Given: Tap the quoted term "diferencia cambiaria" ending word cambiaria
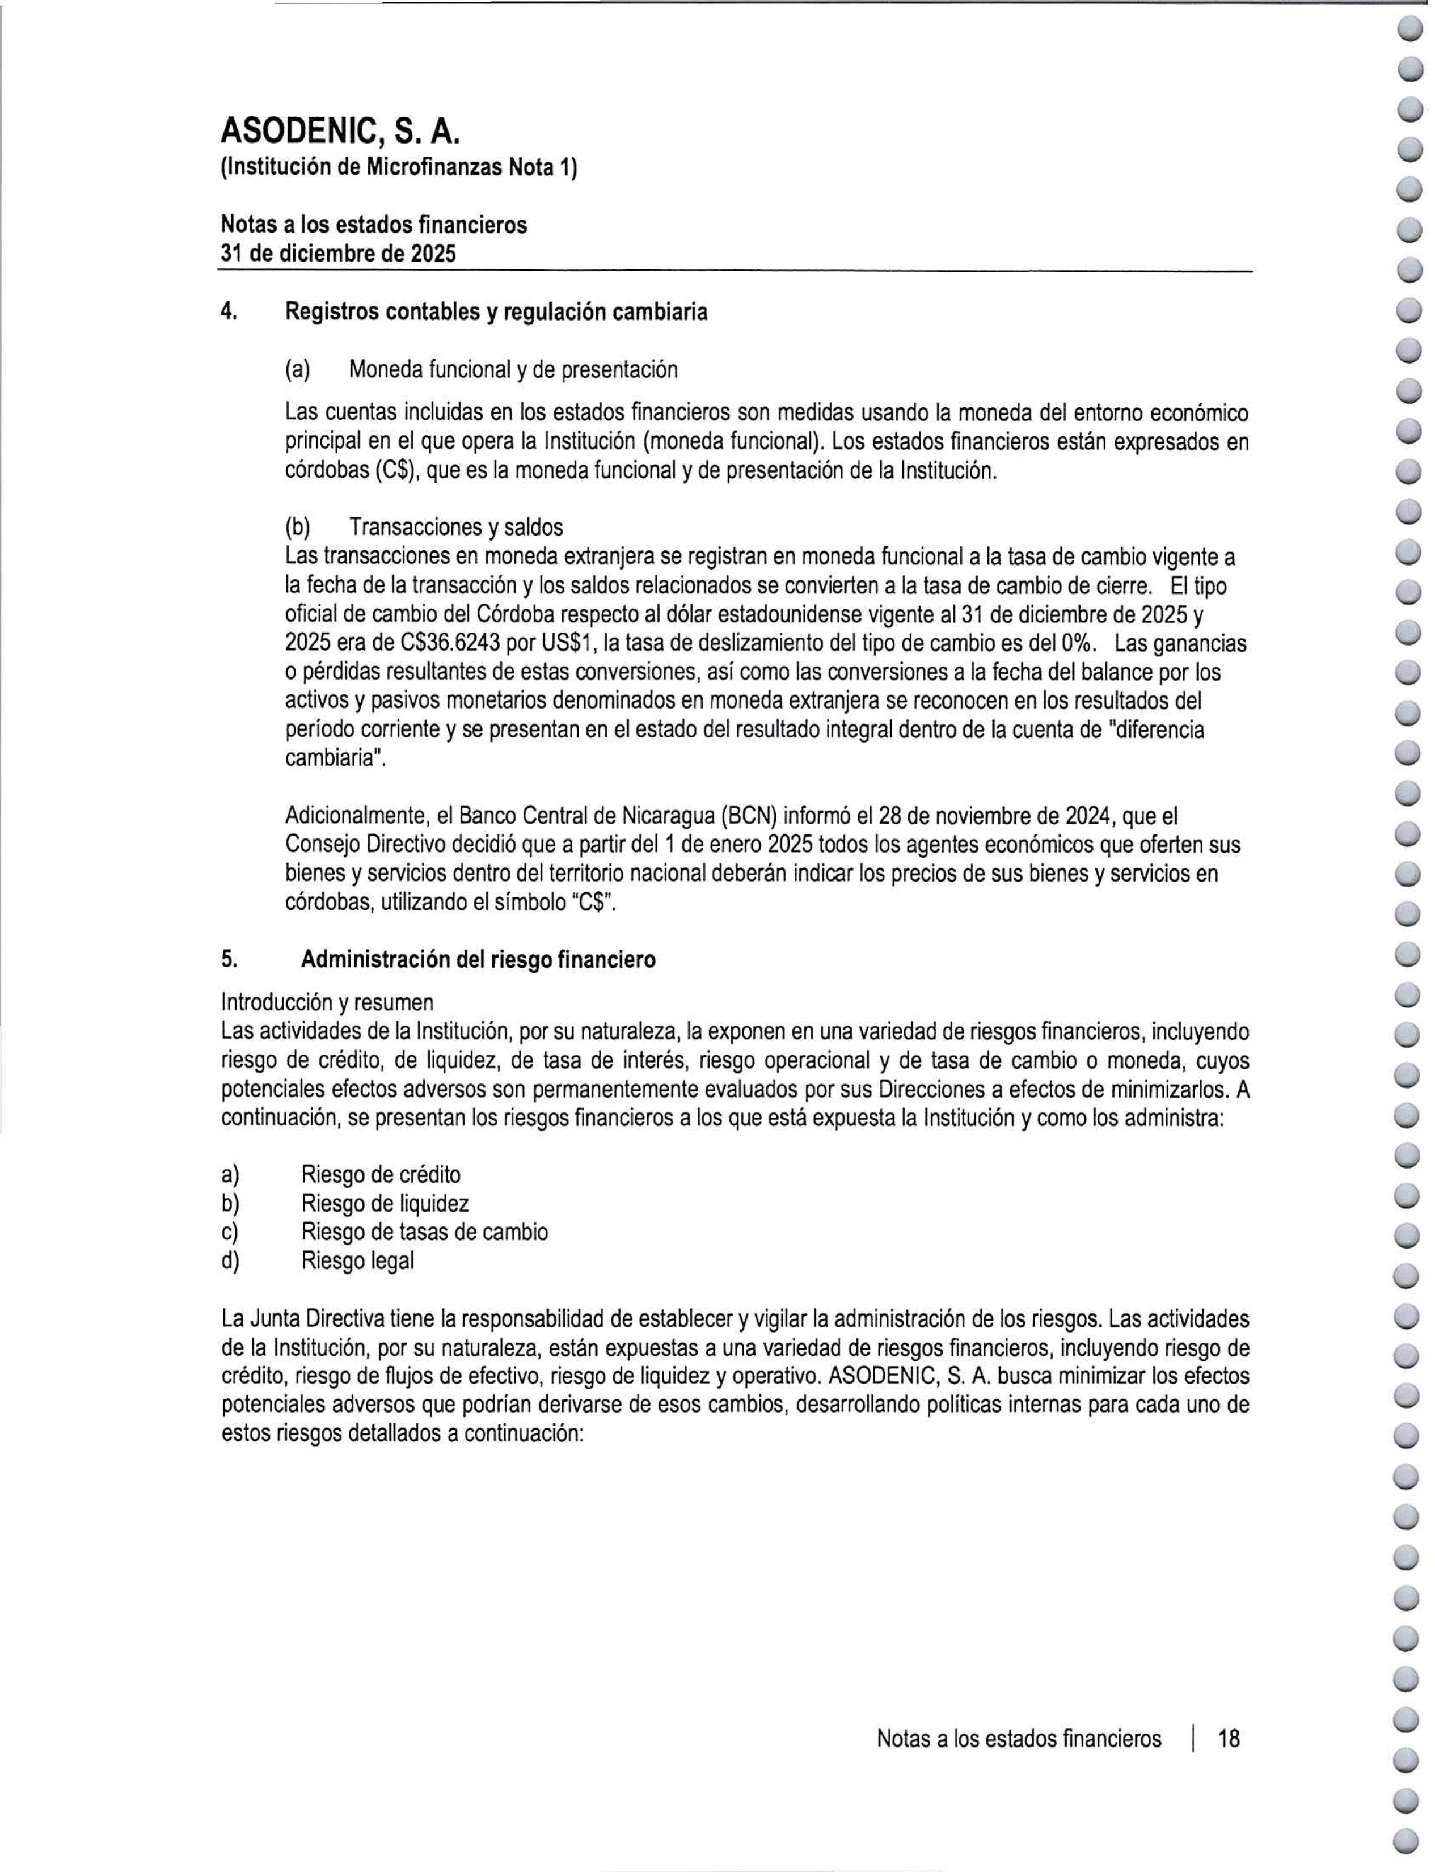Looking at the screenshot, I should pos(334,758).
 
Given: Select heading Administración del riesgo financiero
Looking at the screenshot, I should pos(478,960).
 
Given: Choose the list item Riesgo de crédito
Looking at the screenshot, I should pos(381,1175).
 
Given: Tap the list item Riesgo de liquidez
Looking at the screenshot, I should pos(385,1204).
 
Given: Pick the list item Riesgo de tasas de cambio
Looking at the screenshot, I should pos(424,1232).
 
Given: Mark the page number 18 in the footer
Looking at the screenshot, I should pos(1229,1739).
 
